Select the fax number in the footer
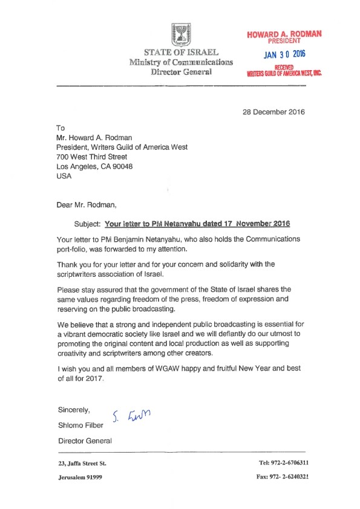tap(283, 477)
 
